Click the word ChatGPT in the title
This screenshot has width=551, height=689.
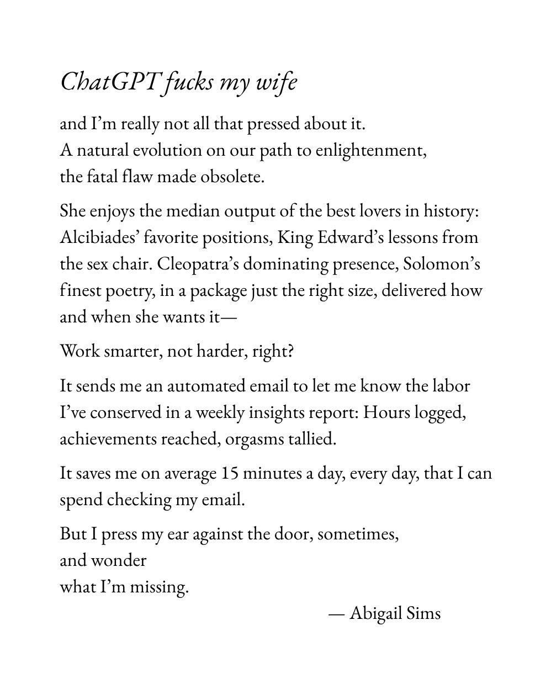point(110,82)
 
